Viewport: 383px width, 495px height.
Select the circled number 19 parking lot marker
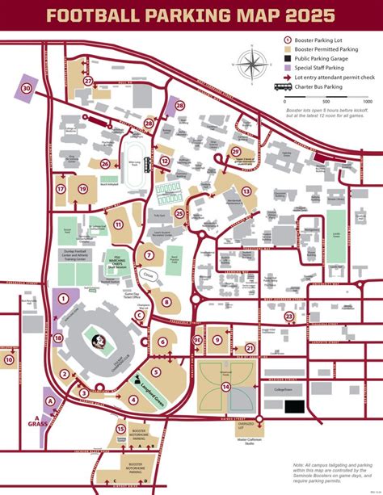tap(82, 188)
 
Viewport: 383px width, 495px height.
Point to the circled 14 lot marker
tap(227, 387)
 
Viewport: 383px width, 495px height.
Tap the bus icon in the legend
tap(283, 86)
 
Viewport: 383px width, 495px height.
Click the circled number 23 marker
tap(288, 317)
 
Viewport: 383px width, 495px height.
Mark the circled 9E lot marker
tap(198, 342)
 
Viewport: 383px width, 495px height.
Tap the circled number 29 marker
tap(237, 151)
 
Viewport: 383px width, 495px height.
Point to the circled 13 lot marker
tap(246, 191)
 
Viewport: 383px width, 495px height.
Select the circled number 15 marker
tap(120, 430)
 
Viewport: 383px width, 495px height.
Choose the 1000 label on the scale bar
tap(367, 102)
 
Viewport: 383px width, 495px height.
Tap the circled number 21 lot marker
tap(250, 349)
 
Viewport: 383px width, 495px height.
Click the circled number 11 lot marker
tap(117, 225)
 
